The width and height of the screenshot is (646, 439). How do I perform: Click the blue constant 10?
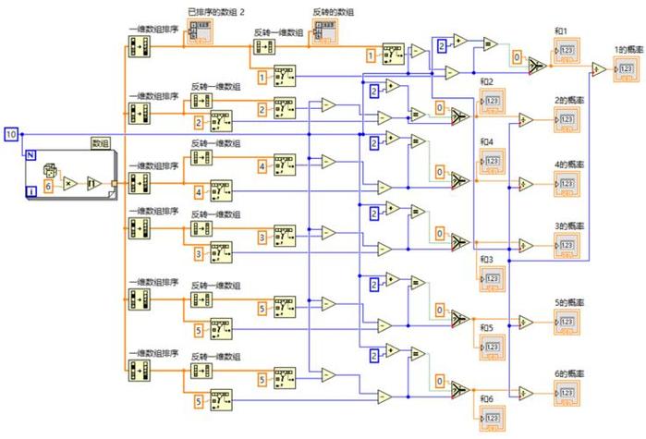11,135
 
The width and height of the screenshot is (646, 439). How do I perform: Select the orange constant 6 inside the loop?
48,185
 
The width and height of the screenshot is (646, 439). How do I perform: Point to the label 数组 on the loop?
99,142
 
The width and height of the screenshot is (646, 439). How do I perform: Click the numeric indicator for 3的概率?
566,243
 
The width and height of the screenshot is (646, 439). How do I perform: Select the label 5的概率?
567,301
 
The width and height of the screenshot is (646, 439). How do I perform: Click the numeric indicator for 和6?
491,421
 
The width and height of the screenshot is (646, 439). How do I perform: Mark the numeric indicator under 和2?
491,100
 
